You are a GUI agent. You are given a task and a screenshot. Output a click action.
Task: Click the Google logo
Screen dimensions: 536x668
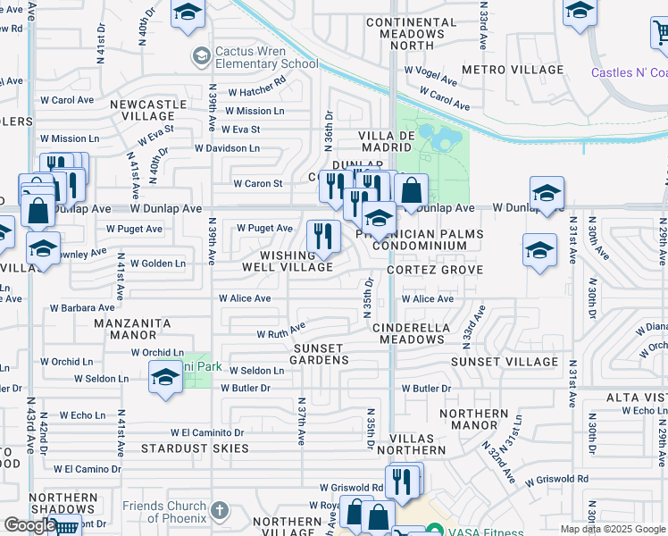coord(29,525)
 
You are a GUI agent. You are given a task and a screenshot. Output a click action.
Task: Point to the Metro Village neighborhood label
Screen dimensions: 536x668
coord(513,70)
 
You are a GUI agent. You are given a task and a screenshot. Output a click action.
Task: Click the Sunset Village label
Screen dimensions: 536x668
coord(505,362)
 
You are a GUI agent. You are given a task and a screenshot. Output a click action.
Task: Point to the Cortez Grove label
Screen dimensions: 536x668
coord(435,270)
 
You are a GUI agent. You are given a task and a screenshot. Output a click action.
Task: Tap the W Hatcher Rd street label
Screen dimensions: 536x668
coord(256,91)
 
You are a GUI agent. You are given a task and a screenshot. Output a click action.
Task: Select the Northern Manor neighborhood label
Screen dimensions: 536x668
coord(474,420)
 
